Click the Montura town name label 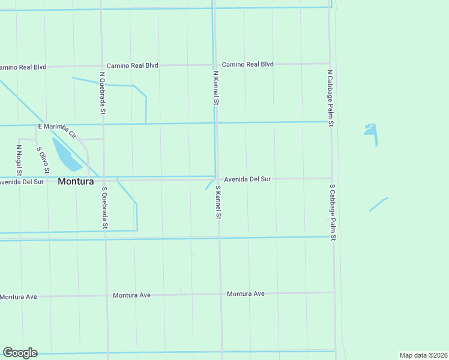76,181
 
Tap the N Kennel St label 215,89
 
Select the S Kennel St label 219,202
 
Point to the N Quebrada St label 103,93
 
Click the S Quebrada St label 104,208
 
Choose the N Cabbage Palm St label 330,97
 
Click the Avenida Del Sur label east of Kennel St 248,179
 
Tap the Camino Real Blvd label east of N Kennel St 247,64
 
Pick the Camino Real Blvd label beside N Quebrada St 132,65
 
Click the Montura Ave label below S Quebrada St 131,295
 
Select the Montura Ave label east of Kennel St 246,293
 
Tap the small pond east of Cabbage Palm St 371,130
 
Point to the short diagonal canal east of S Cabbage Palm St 378,205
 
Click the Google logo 20,353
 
